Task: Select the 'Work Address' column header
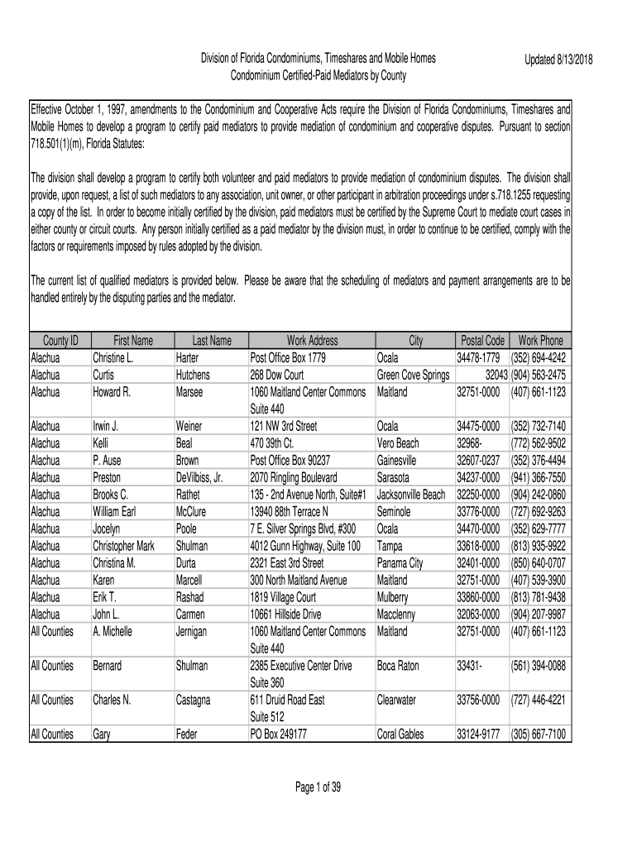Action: (312, 340)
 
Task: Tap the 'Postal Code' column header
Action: (481, 340)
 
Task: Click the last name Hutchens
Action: (194, 375)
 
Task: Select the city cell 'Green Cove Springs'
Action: (413, 375)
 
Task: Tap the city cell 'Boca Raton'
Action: (398, 666)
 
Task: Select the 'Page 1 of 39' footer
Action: (318, 787)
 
